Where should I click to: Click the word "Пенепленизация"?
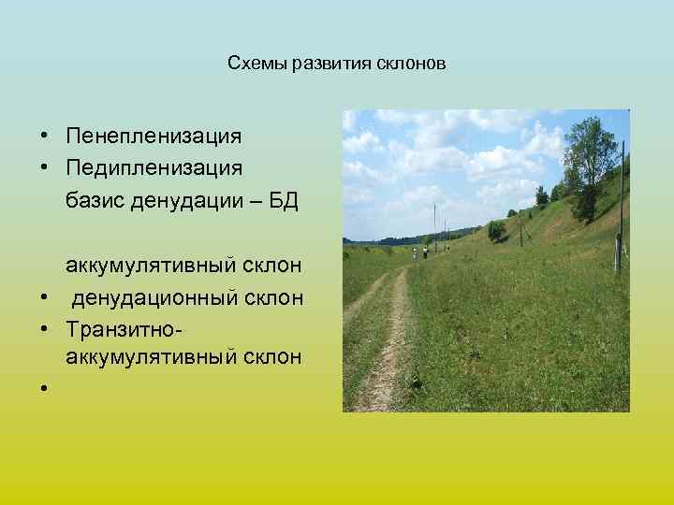click(x=154, y=137)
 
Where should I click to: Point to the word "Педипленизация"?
click(x=154, y=168)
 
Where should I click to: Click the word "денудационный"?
click(x=151, y=297)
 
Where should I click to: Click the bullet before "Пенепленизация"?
click(x=44, y=137)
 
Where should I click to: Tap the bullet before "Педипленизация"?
click(x=44, y=169)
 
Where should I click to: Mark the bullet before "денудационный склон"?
click(x=44, y=298)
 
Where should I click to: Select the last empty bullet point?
click(x=44, y=388)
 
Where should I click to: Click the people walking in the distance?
click(x=426, y=252)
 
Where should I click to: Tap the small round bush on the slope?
click(x=496, y=229)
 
